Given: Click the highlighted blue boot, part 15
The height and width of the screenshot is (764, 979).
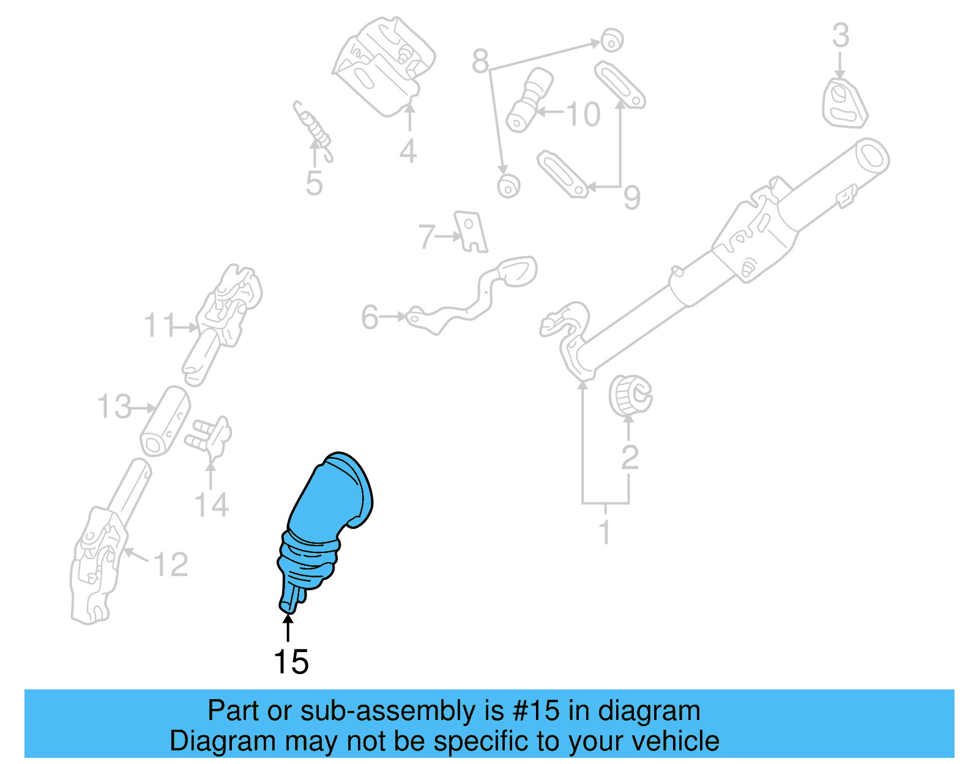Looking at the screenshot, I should (324, 526).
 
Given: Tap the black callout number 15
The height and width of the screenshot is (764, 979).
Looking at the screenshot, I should (291, 662).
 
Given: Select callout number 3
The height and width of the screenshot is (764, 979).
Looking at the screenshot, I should (841, 35).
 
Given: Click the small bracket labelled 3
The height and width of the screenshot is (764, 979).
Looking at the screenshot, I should (844, 103).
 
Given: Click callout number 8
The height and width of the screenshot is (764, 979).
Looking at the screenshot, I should (481, 61).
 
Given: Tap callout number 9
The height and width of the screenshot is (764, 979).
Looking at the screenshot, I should (631, 197).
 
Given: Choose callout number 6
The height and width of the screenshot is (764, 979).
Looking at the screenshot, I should (370, 317).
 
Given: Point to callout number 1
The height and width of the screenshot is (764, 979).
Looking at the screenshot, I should (605, 532).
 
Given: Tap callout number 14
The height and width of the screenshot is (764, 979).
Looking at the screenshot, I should (211, 505).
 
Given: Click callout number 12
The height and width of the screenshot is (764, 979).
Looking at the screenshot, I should (171, 565).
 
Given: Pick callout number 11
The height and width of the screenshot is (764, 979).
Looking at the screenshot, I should (159, 325).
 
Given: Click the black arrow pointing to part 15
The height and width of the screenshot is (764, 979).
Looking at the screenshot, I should (288, 628).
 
